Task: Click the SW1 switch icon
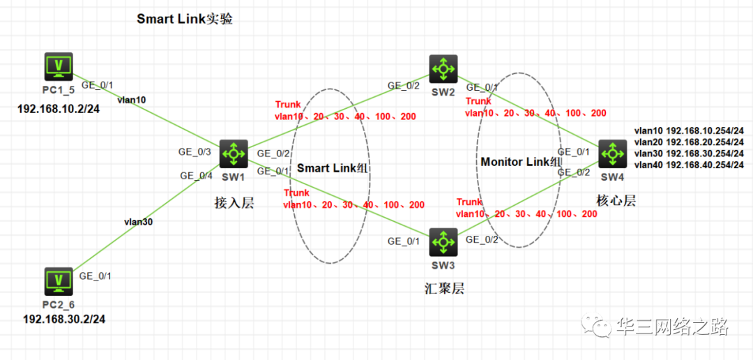pyautogui.click(x=233, y=153)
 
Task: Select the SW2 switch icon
pyautogui.click(x=442, y=68)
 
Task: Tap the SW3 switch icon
pyautogui.click(x=442, y=241)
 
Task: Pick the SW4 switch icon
pyautogui.click(x=612, y=153)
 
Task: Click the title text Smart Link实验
pyautogui.click(x=184, y=19)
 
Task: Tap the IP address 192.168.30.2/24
pyautogui.click(x=64, y=319)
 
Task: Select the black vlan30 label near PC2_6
pyautogui.click(x=138, y=222)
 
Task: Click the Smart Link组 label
pyautogui.click(x=332, y=168)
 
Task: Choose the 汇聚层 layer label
pyautogui.click(x=444, y=288)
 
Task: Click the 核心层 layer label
pyautogui.click(x=616, y=201)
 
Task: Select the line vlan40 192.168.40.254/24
pyautogui.click(x=689, y=165)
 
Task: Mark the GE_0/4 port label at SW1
pyautogui.click(x=195, y=176)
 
